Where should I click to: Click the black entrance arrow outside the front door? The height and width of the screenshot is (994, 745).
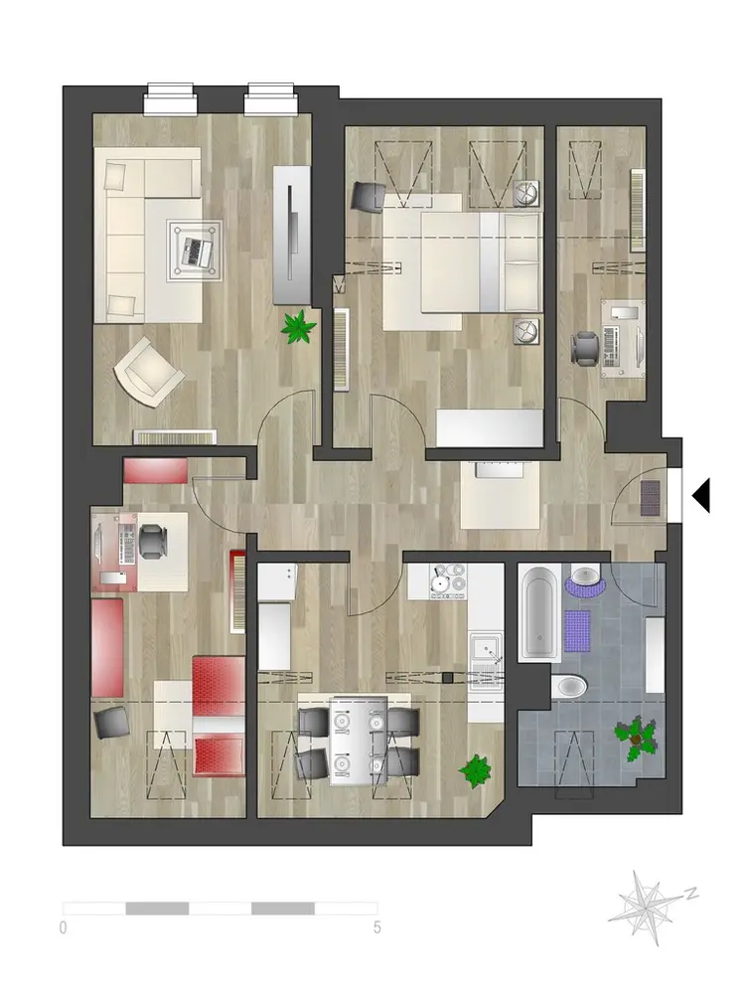701,495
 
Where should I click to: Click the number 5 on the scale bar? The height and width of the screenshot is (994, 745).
376,928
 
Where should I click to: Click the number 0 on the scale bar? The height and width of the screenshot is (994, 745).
63,928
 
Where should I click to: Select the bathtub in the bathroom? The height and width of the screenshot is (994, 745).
539,613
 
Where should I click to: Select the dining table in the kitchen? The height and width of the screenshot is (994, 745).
359,742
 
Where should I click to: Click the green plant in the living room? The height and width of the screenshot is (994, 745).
298,326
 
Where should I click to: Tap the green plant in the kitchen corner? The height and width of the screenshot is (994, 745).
475,771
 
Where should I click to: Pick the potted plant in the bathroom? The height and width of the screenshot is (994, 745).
636,739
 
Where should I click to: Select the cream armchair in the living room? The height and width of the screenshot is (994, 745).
149,372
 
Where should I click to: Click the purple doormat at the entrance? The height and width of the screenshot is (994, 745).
651,498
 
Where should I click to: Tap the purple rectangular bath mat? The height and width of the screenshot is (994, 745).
577,631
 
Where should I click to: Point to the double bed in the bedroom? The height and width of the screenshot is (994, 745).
463,261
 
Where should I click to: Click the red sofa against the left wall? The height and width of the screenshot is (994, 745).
107,647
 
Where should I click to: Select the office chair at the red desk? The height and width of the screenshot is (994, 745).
152,542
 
